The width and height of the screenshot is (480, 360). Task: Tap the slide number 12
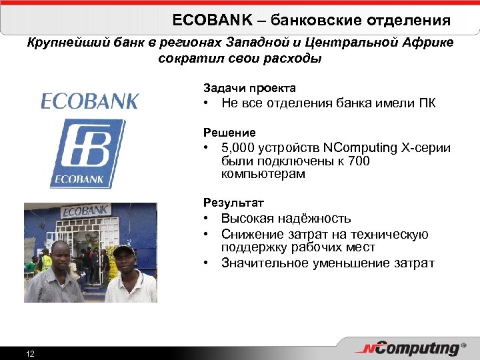[x=30, y=353]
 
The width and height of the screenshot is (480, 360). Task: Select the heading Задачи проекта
[x=249, y=87]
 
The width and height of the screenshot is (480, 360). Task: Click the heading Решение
[x=229, y=133]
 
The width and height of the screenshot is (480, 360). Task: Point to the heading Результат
[x=233, y=202]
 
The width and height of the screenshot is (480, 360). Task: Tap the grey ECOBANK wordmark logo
[x=89, y=101]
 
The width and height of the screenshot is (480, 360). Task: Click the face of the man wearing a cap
[x=124, y=259]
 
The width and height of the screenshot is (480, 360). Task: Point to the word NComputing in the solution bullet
[x=358, y=147]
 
